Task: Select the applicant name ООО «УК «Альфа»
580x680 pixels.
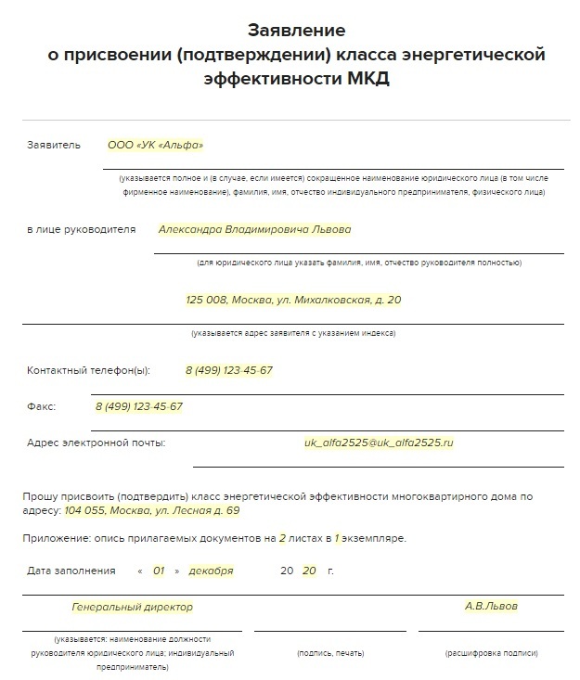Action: click(x=155, y=145)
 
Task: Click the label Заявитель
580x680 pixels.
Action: click(x=55, y=145)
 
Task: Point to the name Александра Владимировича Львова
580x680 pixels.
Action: click(x=254, y=229)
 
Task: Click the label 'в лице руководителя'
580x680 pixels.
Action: click(x=82, y=229)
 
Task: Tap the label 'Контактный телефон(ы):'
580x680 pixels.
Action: click(x=88, y=370)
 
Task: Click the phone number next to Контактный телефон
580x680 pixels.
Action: click(x=229, y=370)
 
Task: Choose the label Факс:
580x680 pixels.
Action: click(x=42, y=406)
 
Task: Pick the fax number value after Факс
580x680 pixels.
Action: click(x=138, y=406)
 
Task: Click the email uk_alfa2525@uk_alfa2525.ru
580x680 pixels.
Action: click(x=379, y=443)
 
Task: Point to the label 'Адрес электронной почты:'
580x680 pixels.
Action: click(x=97, y=443)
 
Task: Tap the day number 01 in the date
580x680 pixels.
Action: click(x=159, y=571)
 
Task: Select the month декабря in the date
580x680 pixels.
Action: click(x=211, y=571)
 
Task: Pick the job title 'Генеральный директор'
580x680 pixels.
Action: click(x=133, y=607)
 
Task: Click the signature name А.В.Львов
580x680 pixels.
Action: click(x=491, y=607)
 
